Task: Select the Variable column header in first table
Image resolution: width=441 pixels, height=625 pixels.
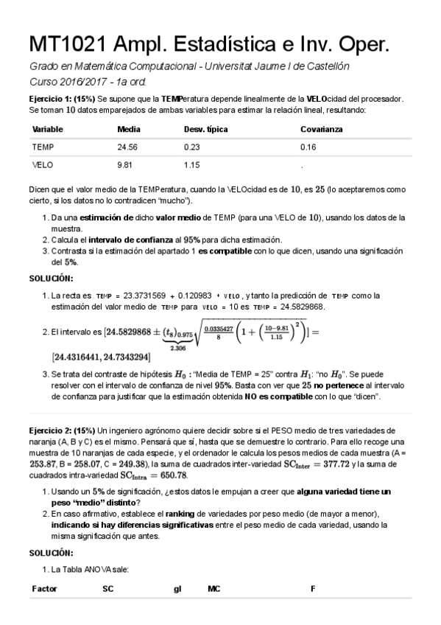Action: click(48, 129)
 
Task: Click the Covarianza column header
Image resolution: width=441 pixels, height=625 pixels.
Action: click(321, 129)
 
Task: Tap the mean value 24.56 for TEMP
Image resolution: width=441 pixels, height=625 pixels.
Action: click(128, 147)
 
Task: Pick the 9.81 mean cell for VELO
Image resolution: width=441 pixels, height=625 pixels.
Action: click(126, 164)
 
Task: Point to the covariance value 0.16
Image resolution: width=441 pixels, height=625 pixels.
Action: click(308, 147)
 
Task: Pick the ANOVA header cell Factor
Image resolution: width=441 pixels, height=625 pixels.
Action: click(45, 589)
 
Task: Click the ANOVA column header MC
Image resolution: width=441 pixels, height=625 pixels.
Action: click(214, 589)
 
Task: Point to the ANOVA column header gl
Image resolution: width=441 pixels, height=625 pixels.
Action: click(177, 589)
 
